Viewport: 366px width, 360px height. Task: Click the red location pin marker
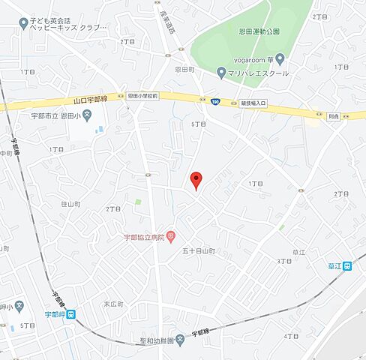tap(196, 180)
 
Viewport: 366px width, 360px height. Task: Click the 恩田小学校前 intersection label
tap(142, 96)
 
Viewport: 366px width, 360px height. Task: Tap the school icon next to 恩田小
tap(87, 115)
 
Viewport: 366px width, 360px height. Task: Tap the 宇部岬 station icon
tap(70, 314)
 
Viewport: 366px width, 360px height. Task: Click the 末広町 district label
tap(112, 304)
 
